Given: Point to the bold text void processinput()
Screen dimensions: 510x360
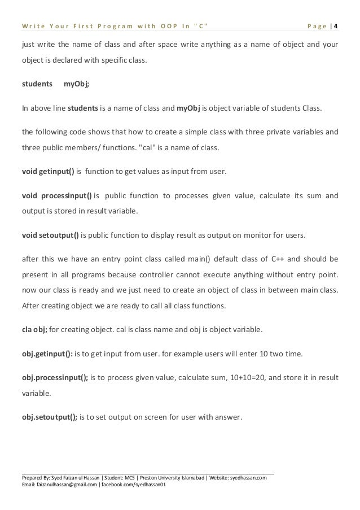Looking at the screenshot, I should click(56, 196).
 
